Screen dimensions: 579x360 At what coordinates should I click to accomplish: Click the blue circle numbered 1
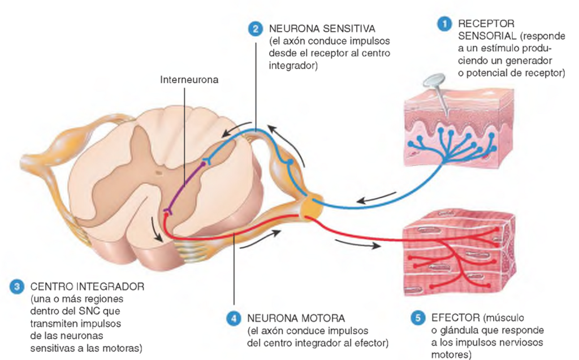[444, 24]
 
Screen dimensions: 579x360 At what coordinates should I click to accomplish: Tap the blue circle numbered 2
[256, 29]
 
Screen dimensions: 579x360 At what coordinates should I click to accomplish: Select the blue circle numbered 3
[17, 287]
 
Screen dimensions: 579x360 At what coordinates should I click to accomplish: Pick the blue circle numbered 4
[234, 318]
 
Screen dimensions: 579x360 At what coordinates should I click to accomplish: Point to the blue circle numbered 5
[418, 318]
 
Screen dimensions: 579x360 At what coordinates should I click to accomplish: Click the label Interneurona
[189, 80]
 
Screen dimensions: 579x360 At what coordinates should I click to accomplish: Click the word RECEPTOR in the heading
[486, 24]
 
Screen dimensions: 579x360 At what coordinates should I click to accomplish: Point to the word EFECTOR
[455, 318]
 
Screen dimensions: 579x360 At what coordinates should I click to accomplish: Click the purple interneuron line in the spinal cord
[185, 186]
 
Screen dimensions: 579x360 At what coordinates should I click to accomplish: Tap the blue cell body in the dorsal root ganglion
[290, 162]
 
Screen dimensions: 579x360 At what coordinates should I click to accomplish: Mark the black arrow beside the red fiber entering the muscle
[357, 244]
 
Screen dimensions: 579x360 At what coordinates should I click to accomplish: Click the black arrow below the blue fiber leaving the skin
[376, 198]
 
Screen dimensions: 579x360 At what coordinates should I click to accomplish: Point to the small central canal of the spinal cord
[159, 172]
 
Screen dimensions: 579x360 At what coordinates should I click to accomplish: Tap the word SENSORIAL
[487, 36]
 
